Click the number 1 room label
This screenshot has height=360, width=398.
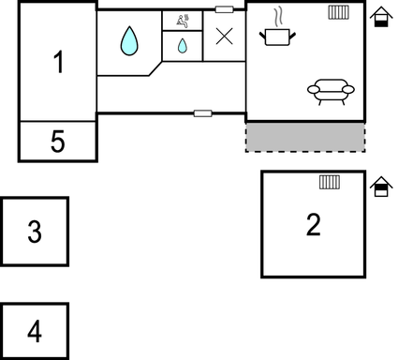tap(58, 63)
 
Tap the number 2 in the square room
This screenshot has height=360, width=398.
tap(313, 224)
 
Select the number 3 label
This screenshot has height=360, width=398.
tap(35, 231)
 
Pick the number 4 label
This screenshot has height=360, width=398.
tap(35, 331)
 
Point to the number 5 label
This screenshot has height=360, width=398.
tap(58, 142)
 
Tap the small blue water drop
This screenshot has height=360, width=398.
tap(183, 45)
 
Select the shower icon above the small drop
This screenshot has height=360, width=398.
tap(182, 20)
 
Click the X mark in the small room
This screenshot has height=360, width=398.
tap(225, 37)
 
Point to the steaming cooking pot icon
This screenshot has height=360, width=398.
tap(279, 36)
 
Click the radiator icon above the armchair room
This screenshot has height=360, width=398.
tap(339, 13)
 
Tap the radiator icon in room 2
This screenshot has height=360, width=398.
tap(328, 182)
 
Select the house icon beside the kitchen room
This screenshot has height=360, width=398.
tap(380, 18)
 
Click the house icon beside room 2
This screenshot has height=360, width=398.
tap(380, 187)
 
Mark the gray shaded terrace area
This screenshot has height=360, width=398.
tap(305, 137)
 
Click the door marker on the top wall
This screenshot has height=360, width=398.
tap(225, 9)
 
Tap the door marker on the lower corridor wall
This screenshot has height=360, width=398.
tap(203, 113)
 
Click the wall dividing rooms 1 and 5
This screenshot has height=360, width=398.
tap(58, 121)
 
